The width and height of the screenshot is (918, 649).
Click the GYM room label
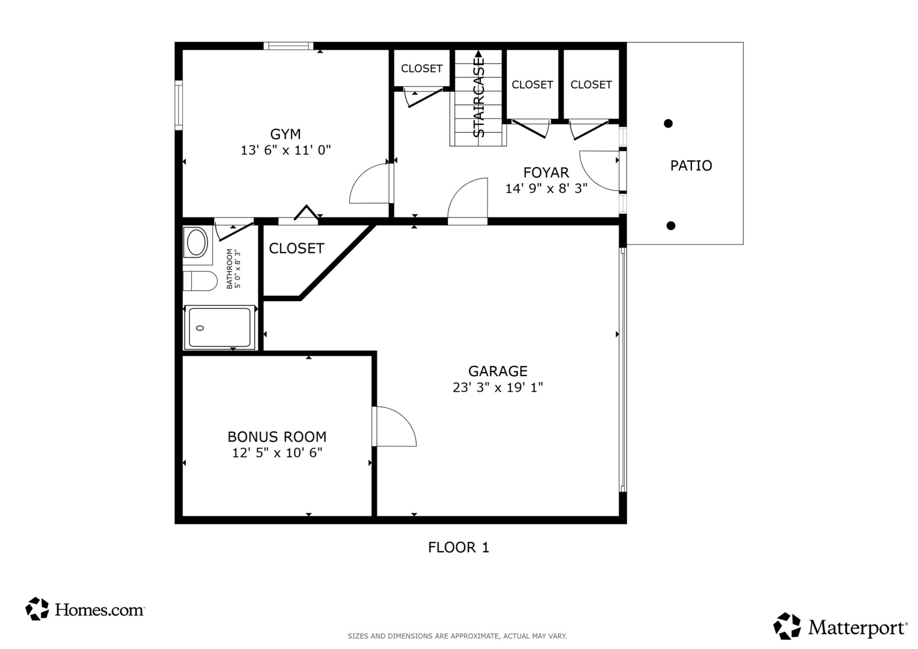285,134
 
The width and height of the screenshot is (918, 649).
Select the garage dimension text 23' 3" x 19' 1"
498,388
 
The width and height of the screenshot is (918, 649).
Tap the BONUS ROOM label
277,437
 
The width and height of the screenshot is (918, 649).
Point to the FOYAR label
546,173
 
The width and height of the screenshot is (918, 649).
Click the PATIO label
691,165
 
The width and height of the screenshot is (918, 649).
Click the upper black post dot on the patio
668,123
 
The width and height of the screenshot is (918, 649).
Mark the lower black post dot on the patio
671,226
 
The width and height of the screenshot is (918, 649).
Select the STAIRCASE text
479,97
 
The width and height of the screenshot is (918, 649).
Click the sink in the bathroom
197,243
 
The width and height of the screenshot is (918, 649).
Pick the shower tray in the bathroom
219,328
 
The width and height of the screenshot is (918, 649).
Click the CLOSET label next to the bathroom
296,248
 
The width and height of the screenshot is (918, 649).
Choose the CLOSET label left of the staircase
421,69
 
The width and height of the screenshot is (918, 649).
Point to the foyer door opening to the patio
599,171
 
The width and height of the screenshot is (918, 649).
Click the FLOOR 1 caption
458,547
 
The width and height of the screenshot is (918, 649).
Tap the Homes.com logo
85,609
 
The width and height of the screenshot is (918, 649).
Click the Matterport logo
840,627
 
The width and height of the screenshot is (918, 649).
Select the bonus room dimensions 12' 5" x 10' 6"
277,453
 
